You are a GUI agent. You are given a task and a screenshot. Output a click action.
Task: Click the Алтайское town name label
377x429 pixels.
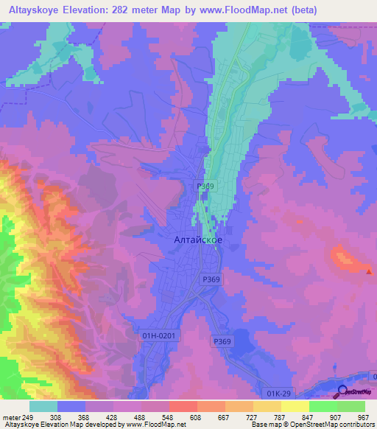click(x=197, y=240)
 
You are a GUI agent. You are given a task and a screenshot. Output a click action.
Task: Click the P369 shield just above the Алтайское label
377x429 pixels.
click(x=205, y=187)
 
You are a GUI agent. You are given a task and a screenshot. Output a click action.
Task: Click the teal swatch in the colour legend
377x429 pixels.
click(x=43, y=406)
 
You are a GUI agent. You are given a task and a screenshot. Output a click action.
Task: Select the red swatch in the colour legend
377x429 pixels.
click(x=183, y=406)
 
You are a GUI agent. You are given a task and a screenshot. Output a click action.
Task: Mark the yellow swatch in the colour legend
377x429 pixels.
click(x=295, y=406)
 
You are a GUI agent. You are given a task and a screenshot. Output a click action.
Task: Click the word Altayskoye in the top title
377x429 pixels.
click(x=38, y=8)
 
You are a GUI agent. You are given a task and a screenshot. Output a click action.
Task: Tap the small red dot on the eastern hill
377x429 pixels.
click(x=369, y=271)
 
